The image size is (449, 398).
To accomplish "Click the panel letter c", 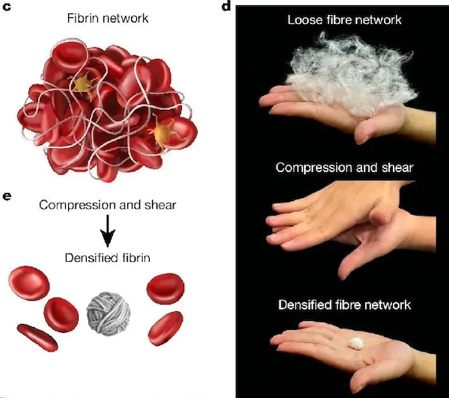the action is click(6, 6).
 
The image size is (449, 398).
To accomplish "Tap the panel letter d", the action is click(226, 5).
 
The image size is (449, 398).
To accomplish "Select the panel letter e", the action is click(7, 196).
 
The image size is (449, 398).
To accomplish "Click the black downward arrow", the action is click(108, 230).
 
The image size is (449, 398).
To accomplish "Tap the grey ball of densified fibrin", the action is click(109, 313).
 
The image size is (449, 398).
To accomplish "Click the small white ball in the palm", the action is click(356, 343).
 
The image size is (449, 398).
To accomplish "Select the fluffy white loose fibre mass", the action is click(350, 74).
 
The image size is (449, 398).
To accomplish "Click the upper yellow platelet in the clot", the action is click(82, 84).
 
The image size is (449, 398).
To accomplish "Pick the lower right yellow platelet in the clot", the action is click(162, 133).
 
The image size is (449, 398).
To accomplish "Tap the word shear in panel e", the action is click(160, 205).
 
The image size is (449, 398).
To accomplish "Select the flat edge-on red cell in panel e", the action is click(37, 337).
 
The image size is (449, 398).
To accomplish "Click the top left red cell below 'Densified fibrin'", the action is click(29, 284).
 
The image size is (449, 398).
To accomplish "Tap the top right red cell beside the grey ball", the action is click(165, 288).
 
